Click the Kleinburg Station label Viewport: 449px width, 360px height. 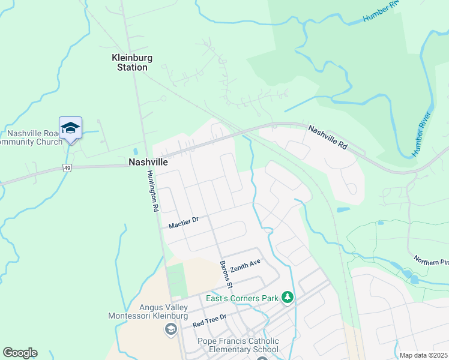coord(132,62)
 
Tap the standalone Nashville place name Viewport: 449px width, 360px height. coord(147,162)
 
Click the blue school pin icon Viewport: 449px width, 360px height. coord(70,128)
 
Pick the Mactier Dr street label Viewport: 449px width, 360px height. coord(184,223)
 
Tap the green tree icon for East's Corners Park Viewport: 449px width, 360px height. coord(288,298)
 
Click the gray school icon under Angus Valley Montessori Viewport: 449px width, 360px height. coord(170,329)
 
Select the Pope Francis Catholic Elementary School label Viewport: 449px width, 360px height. coord(238,345)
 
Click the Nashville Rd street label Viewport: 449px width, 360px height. coord(328,137)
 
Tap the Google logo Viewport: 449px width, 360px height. coord(20,353)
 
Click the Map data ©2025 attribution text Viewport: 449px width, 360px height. coord(423,355)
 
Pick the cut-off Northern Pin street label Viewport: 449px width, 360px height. coord(430,262)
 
